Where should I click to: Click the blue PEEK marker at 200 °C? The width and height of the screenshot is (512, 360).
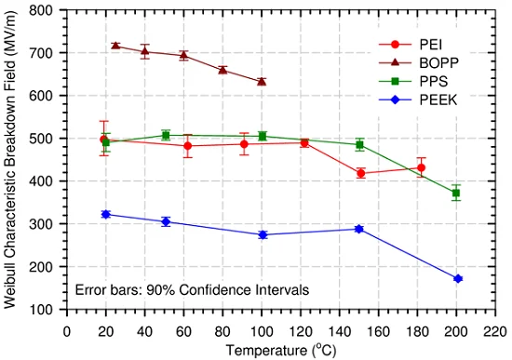click(x=458, y=279)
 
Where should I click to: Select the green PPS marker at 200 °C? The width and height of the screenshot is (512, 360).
click(x=456, y=193)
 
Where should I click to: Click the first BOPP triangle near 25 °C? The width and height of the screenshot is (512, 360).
click(x=115, y=46)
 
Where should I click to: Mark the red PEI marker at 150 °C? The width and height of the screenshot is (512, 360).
click(x=360, y=174)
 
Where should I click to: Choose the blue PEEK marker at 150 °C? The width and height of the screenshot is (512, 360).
click(x=359, y=229)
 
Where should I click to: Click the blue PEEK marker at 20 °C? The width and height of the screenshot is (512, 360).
click(x=105, y=214)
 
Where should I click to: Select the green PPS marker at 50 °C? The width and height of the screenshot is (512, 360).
click(x=166, y=136)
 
